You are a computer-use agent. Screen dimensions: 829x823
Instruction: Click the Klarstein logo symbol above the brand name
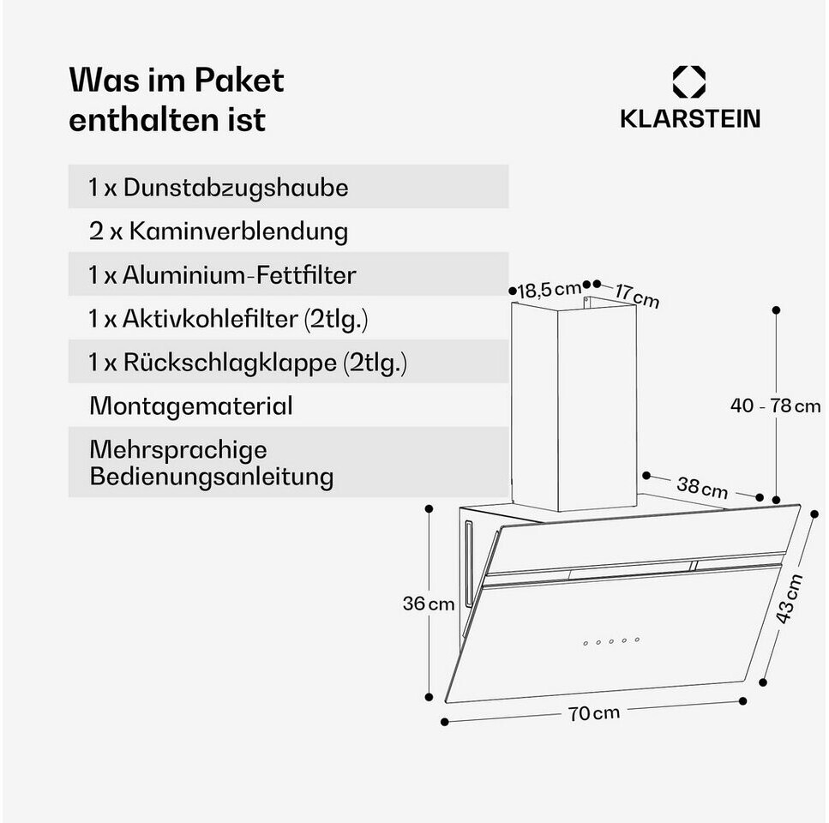pos(689,82)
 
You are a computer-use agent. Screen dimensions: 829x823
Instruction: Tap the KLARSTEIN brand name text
pos(689,119)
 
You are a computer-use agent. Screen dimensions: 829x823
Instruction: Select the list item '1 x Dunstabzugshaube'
pos(219,188)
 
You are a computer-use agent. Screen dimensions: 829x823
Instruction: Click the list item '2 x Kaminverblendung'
pos(218,231)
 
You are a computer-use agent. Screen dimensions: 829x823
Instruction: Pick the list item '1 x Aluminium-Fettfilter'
pos(222,275)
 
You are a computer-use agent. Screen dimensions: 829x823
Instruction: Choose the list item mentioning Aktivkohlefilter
pos(228,319)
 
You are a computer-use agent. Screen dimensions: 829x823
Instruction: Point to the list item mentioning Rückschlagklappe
pos(248,363)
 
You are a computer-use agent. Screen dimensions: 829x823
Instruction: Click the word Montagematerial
pos(190,406)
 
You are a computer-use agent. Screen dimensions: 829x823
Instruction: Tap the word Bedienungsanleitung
pos(211,477)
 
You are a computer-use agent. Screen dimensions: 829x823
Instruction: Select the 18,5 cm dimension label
pos(549,289)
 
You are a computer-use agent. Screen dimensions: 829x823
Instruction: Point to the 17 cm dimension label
pos(637,296)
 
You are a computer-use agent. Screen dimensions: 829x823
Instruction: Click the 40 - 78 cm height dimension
pos(775,405)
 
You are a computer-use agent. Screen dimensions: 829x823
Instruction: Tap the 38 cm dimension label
pos(702,488)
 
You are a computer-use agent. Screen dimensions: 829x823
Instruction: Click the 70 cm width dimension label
pos(593,712)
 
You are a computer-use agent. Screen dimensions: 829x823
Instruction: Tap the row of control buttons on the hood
pos(611,640)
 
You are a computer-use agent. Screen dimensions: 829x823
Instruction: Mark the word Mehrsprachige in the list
pos(178,450)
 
